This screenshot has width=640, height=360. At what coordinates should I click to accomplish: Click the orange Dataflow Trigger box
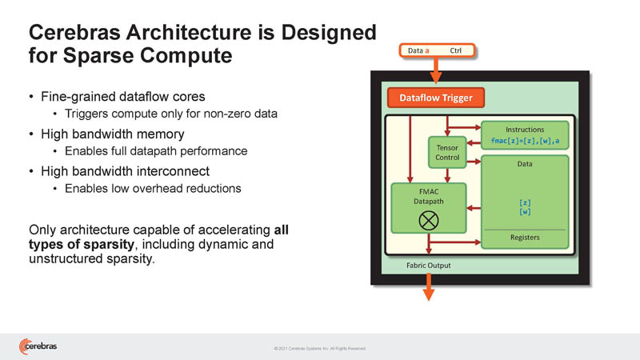coord(436,98)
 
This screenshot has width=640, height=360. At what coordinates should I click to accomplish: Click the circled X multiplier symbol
coord(428,220)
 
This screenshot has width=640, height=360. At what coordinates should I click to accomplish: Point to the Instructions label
coord(525,129)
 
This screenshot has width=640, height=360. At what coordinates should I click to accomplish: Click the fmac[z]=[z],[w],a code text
coord(525,141)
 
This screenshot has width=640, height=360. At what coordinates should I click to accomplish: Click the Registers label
coord(525,237)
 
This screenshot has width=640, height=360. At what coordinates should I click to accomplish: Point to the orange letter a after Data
coord(427,50)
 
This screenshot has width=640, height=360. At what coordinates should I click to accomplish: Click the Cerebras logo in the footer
coord(38,346)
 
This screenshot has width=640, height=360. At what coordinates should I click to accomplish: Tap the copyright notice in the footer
coord(319,348)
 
